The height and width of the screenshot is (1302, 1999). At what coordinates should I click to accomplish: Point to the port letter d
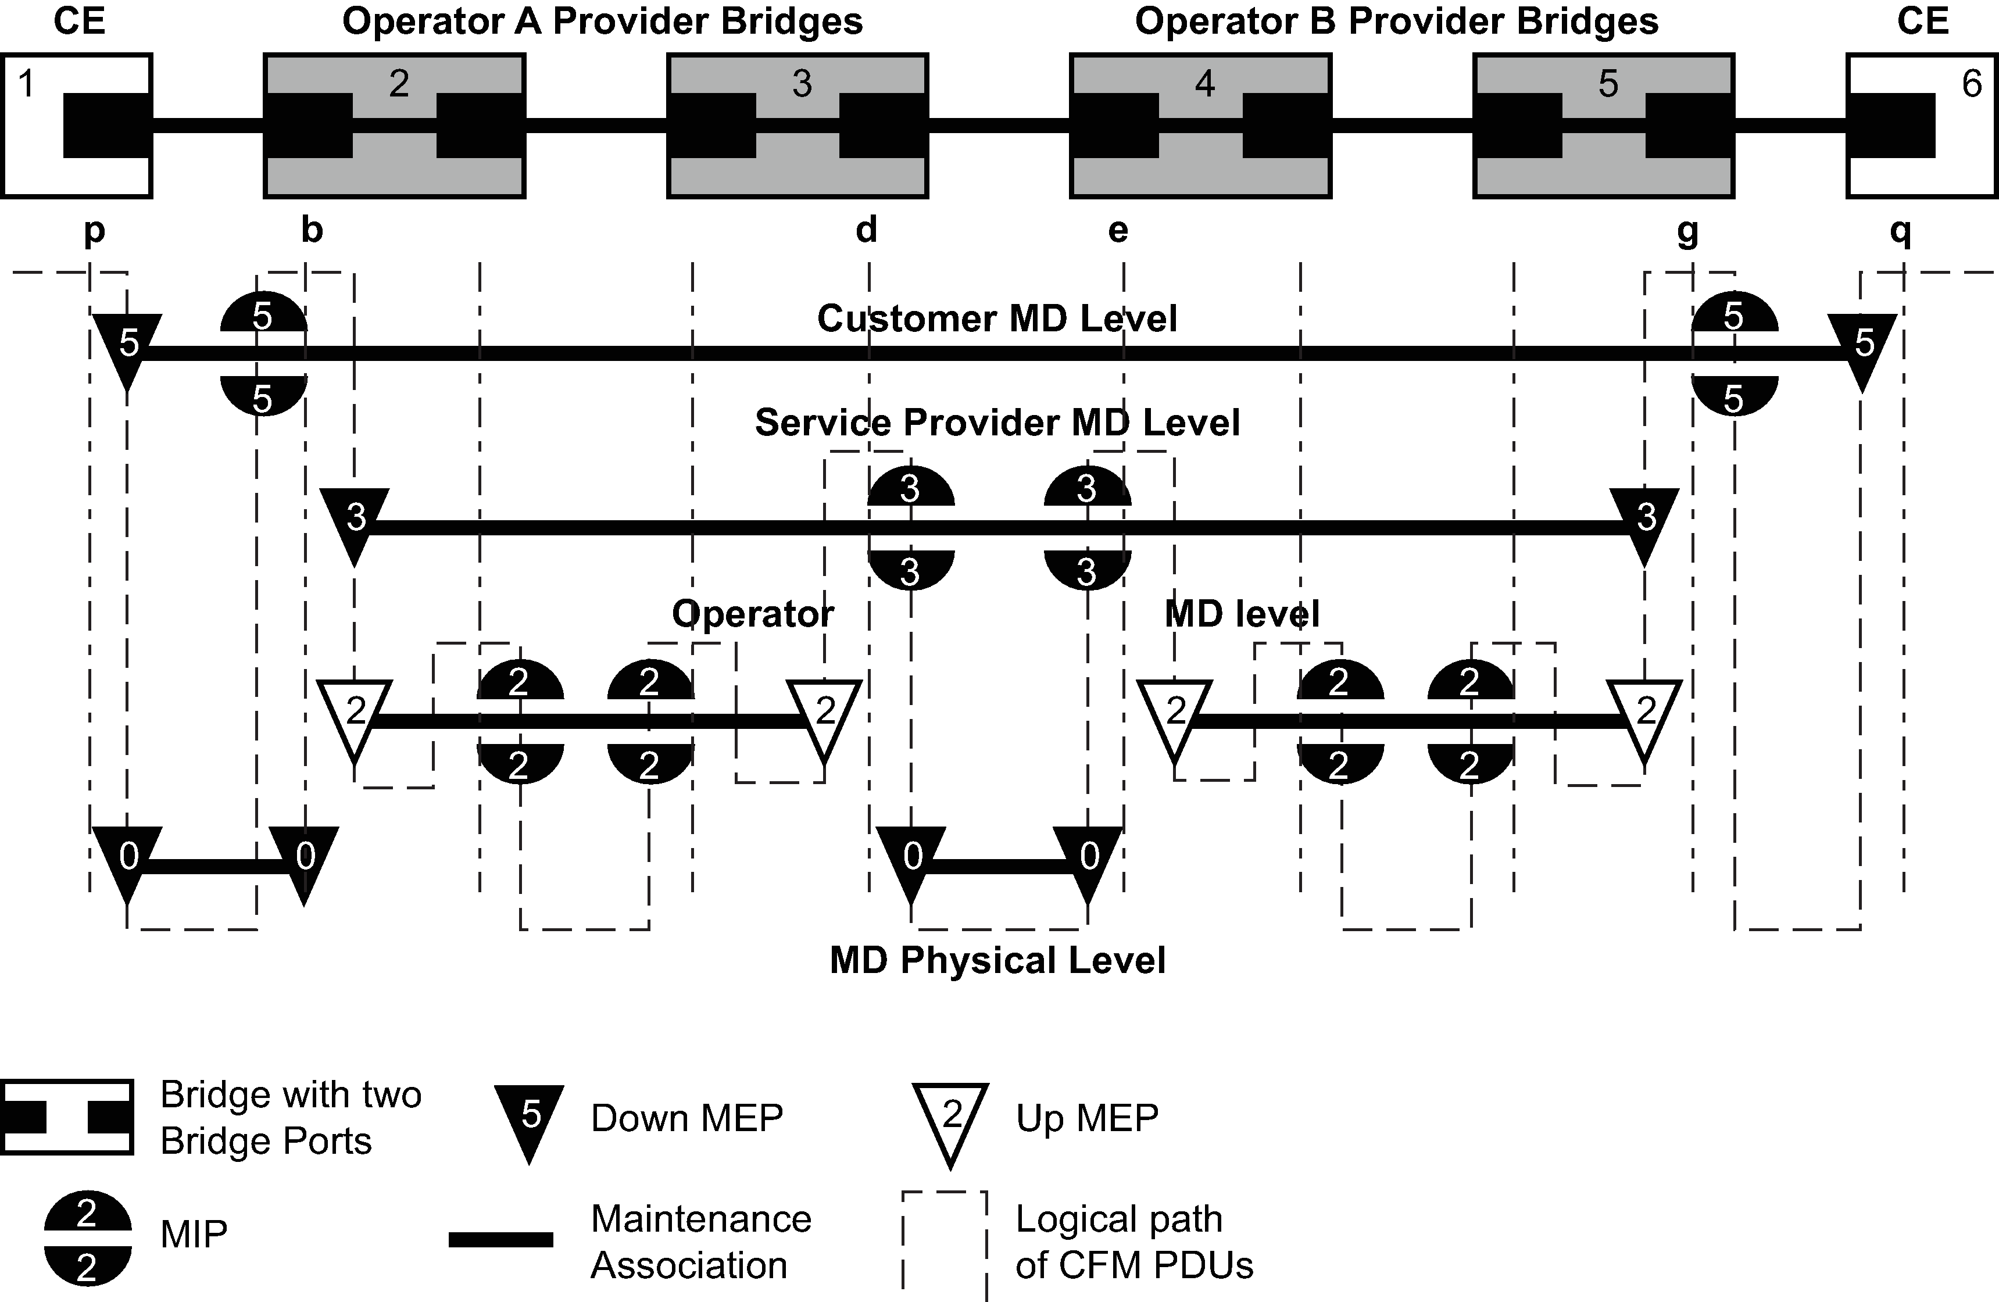coord(866,230)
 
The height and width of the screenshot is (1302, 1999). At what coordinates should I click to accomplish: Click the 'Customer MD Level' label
coord(997,319)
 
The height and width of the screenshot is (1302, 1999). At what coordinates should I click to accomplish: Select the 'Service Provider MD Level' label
coord(997,423)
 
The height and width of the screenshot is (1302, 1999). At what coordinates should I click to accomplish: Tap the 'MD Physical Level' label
coord(997,960)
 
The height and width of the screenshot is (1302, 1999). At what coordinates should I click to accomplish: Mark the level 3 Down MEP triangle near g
coord(1644,521)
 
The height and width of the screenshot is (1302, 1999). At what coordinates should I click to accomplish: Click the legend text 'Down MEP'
coord(686,1118)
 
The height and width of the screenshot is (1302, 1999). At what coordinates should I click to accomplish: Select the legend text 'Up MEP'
coord(1087,1118)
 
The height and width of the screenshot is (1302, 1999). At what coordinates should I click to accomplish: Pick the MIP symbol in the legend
coord(87,1237)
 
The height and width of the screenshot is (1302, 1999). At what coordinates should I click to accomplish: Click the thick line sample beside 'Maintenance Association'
coord(500,1239)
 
